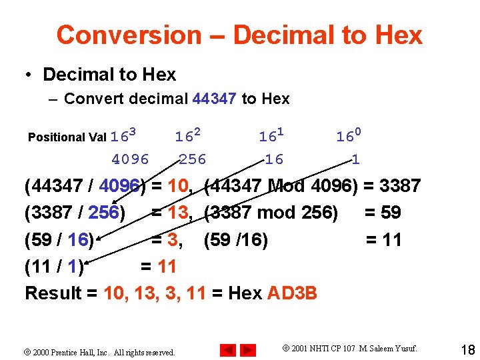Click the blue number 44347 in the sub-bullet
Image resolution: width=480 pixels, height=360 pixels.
point(214,99)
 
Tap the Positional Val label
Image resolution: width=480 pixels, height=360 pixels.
point(67,137)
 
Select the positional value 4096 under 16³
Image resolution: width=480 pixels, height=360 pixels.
point(131,159)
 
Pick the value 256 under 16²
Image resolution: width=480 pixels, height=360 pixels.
point(193,159)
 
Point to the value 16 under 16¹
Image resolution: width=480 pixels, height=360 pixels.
point(273,159)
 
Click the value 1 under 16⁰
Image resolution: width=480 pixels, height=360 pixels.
point(356,159)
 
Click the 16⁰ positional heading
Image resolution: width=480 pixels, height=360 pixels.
point(349,137)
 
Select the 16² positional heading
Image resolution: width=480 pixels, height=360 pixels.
point(187,137)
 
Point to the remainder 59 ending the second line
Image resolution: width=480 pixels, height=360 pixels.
point(390,213)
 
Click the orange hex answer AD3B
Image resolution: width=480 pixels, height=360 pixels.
point(293,293)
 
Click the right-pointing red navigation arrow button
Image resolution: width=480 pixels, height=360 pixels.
point(247,350)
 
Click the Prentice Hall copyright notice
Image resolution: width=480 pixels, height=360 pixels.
point(103,352)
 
